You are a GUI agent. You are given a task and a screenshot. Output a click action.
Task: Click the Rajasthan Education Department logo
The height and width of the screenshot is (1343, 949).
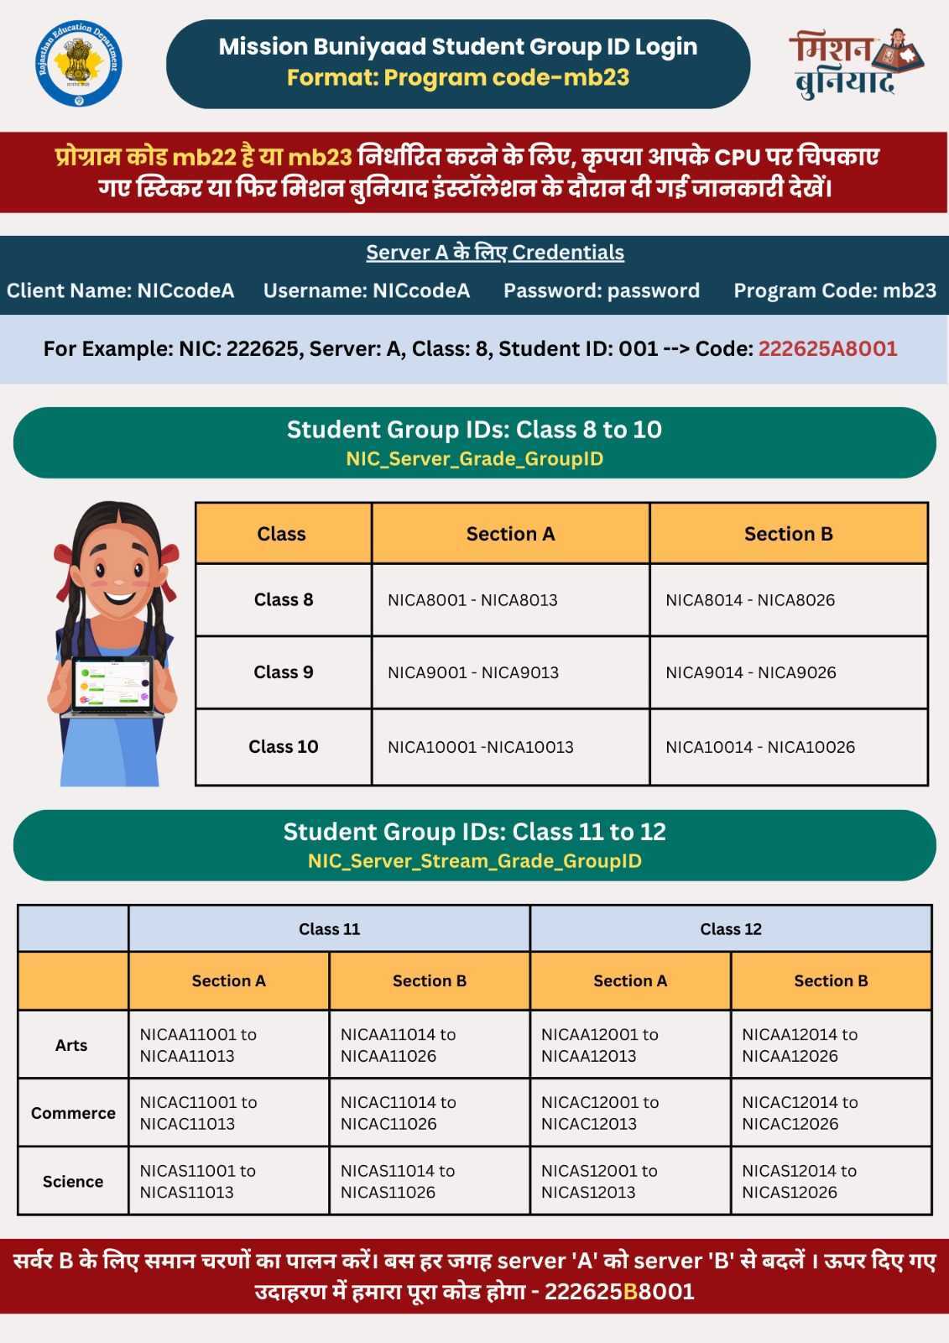pos(80,64)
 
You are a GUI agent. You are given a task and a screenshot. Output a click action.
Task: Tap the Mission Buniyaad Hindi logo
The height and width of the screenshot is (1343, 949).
pos(854,64)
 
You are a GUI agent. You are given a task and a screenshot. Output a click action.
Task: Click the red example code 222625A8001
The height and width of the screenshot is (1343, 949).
pos(827,348)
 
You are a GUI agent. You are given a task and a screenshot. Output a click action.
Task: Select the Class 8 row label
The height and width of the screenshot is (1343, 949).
pos(284,599)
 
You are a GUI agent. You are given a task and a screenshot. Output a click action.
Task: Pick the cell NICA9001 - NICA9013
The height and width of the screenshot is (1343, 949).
pos(473,672)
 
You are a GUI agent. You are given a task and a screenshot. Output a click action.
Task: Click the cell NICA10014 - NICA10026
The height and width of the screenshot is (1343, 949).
pos(760,747)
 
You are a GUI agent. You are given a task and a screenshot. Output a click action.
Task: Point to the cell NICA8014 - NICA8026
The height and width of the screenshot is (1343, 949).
pos(750,600)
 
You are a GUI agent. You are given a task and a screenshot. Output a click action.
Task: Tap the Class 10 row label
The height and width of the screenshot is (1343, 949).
pos(284,746)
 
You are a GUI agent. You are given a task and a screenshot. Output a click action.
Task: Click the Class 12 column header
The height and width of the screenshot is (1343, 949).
pos(731,928)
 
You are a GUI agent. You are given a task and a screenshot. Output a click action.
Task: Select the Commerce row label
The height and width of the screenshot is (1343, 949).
pos(73,1113)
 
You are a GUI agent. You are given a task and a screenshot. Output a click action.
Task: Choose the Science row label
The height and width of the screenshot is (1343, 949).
pos(73,1181)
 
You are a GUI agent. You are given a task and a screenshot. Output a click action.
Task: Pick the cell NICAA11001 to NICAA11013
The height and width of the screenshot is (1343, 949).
pos(198,1045)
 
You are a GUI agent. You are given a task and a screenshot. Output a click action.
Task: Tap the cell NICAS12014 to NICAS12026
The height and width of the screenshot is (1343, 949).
pos(799,1181)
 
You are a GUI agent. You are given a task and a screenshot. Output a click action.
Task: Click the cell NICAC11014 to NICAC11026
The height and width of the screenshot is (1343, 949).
pos(399,1113)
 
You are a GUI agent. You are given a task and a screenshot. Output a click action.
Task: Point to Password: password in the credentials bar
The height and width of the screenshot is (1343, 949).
pos(601,290)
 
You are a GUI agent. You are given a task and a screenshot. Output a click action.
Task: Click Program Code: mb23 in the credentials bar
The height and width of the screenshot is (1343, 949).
pos(835,290)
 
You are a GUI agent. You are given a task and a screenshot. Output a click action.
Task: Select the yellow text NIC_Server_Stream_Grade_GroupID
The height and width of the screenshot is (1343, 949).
pos(474,860)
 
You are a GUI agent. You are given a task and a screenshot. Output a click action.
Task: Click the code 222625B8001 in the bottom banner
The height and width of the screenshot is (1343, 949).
pos(619,1291)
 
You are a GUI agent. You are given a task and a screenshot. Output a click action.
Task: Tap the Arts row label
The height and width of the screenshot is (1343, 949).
pos(71,1045)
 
